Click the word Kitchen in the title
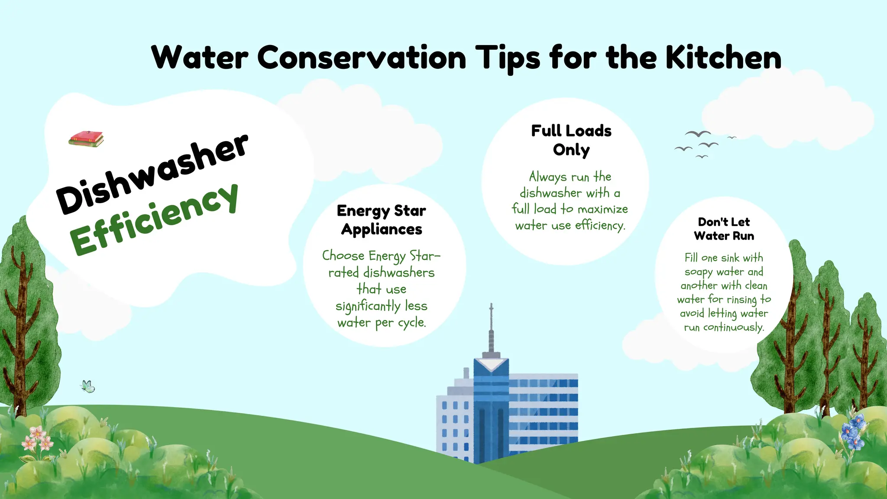click(723, 58)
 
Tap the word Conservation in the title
click(362, 58)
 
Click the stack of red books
click(86, 139)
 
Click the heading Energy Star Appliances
click(381, 220)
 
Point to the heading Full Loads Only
click(571, 140)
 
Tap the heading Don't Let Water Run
click(724, 229)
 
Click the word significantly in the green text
click(368, 306)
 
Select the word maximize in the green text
click(602, 209)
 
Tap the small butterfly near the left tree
click(88, 386)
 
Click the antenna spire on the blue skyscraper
click(491, 329)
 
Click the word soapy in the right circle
click(698, 272)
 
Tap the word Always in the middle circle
click(548, 177)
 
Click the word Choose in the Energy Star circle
click(343, 256)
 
